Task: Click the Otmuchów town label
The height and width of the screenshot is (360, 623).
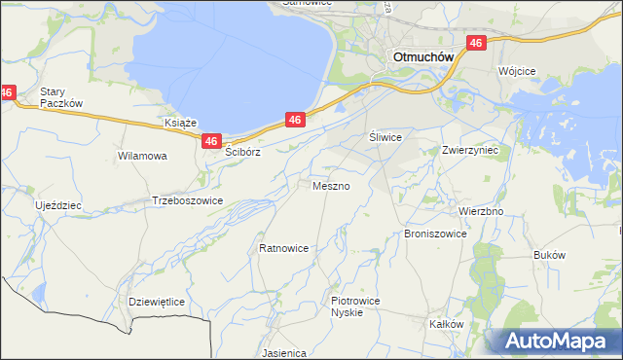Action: pos(423,56)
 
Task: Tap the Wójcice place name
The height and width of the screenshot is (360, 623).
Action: pos(519,71)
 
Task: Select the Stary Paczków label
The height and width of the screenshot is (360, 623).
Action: pos(61,97)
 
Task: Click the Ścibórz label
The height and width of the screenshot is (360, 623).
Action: pos(244,153)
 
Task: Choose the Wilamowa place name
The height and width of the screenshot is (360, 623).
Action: pos(142,155)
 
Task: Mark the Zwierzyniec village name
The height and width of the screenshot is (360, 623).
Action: pos(469,151)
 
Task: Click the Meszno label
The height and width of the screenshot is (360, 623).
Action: pos(331,185)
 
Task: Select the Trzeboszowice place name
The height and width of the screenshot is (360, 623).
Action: pos(188,200)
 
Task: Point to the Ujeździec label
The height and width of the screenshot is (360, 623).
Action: pos(58,206)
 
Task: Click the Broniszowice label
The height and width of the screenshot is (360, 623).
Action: pos(435,234)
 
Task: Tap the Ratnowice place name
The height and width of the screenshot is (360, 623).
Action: pos(283,248)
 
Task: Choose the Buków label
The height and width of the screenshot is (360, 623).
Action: pos(550,254)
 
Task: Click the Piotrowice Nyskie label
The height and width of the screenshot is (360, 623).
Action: pos(354,306)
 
